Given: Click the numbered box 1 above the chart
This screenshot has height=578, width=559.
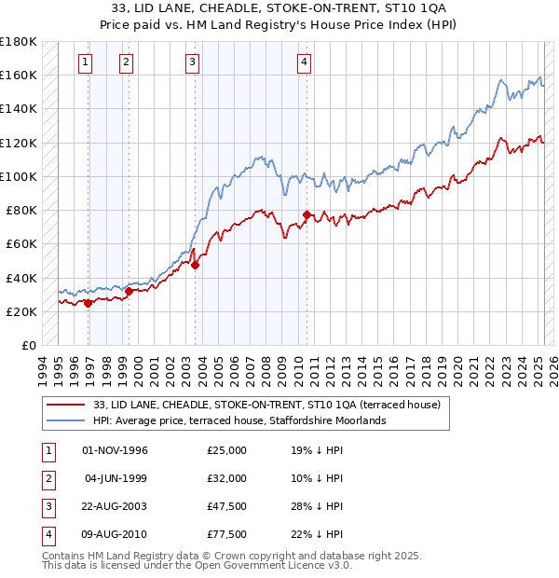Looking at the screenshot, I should coord(85,63).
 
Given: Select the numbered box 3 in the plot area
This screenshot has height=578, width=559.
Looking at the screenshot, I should coord(192,63).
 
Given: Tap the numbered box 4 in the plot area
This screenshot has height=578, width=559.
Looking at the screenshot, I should coord(305,63).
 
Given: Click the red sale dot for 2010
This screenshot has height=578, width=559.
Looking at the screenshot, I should coord(307,214).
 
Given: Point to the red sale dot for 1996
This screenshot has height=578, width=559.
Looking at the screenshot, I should coord(89,303).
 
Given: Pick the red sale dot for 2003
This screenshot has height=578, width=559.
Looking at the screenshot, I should coord(196,265).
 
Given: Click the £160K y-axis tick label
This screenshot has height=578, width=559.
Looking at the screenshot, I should coord(19,75).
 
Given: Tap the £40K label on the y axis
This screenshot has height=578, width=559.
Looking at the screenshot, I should coord(21,278).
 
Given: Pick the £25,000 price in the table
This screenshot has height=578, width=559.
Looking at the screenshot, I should coord(227,450).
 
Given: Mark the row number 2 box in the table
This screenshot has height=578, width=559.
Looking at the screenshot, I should coord(48,478).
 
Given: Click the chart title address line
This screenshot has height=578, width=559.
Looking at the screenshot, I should coord(279,8).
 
